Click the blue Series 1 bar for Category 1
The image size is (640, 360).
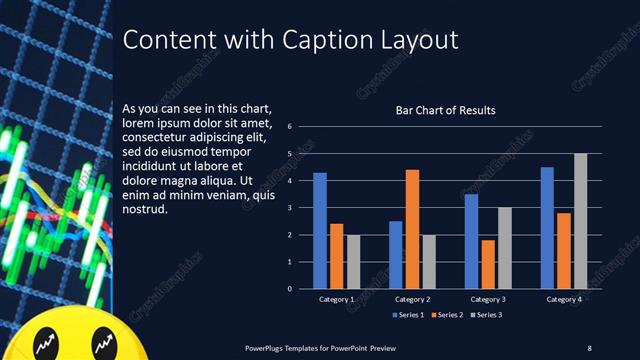click(320, 231)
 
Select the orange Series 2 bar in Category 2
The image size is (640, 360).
click(412, 229)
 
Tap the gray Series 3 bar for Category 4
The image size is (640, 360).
click(580, 221)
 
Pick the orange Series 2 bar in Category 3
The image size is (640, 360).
click(487, 264)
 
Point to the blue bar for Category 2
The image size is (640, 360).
click(396, 255)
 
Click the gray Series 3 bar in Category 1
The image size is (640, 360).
click(353, 262)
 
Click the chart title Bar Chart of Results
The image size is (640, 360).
click(446, 110)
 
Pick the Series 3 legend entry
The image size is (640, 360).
click(486, 316)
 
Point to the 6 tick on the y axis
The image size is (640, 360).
click(289, 127)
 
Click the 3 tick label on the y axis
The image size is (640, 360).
click(289, 208)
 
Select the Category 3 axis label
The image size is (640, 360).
click(488, 299)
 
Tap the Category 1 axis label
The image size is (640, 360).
click(336, 299)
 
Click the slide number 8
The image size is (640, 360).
click(589, 347)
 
